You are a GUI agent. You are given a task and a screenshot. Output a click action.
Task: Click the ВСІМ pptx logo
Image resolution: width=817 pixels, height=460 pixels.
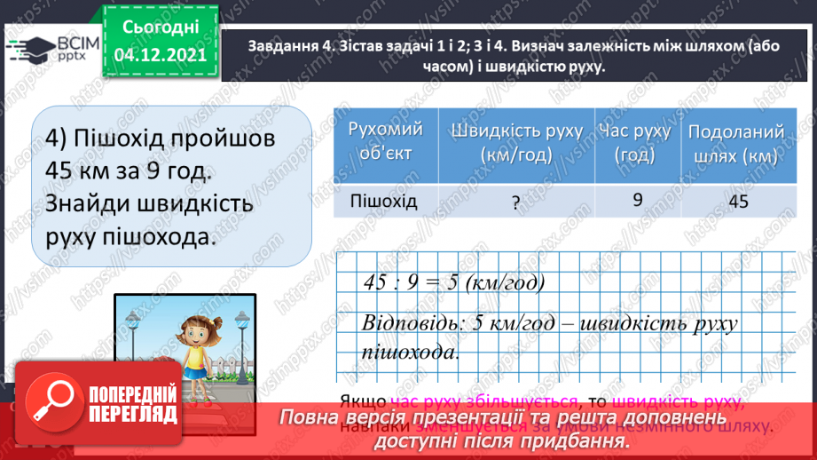tap(57, 49)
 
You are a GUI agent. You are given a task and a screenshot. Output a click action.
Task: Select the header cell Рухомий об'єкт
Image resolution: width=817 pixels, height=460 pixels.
tap(386, 140)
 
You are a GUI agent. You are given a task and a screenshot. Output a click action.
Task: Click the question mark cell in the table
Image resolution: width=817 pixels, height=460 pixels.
tap(515, 202)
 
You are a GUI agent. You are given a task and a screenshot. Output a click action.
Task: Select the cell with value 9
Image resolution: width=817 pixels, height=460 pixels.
tap(637, 200)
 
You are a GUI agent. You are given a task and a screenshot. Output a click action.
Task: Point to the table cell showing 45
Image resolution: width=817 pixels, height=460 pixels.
tap(738, 202)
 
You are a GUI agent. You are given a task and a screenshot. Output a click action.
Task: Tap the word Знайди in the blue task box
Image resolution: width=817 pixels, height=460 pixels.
tap(87, 203)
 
